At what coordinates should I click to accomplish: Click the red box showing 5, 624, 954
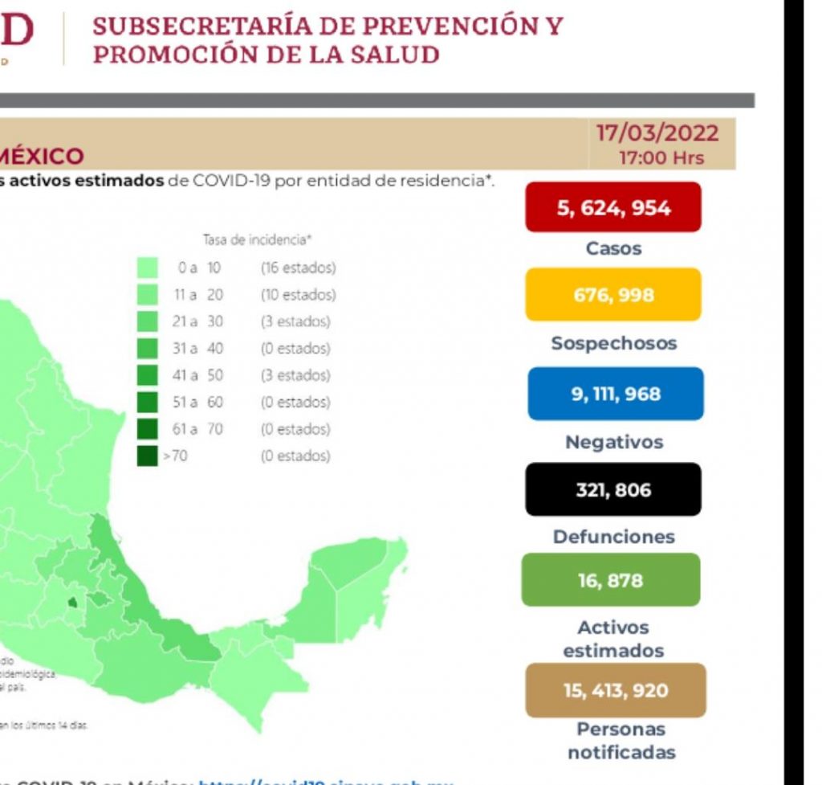coord(614,208)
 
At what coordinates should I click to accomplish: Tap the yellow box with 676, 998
coord(614,295)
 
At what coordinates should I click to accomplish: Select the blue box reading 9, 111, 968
coord(615,395)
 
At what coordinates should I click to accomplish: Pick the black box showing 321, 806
coord(613,489)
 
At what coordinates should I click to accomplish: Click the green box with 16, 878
coord(610,580)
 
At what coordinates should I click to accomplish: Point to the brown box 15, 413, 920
coord(615,690)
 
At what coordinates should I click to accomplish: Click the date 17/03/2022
coord(657,132)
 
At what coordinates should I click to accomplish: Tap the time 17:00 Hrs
coord(661,157)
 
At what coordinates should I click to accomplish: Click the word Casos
coord(613,249)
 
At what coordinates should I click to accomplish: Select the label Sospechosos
coord(613,344)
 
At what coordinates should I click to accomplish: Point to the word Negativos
coord(614,442)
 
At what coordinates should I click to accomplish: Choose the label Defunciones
coord(613,537)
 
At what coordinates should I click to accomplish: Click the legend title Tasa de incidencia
coord(256,239)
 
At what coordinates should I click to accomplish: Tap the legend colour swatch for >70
coord(147,456)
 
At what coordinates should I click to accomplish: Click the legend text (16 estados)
coord(298,268)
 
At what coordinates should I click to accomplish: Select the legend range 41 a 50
coord(199,375)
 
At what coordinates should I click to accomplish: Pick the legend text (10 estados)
coord(298,295)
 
